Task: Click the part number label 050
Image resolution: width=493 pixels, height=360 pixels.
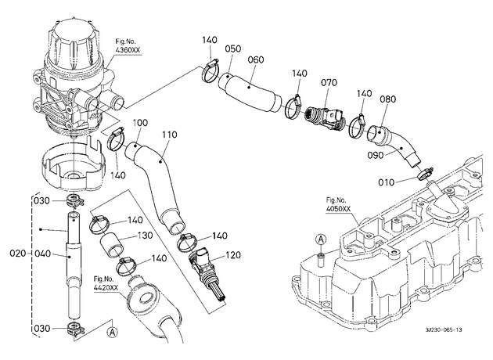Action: [233, 49]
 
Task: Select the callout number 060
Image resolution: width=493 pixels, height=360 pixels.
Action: [256, 59]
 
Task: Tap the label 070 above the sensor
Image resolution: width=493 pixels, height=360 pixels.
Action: [329, 83]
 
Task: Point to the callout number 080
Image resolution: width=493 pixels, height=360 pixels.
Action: [387, 99]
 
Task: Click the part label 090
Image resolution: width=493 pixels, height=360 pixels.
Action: [376, 155]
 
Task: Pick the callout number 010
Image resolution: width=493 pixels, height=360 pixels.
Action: [386, 182]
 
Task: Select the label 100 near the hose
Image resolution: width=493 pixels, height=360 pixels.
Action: [140, 123]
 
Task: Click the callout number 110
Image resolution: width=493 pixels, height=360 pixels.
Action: [170, 135]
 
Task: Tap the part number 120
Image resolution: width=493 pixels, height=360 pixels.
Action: [233, 254]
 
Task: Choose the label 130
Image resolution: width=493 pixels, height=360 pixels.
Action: [145, 236]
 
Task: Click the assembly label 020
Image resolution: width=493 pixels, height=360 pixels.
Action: [17, 253]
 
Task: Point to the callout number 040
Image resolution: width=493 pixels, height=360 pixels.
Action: [42, 253]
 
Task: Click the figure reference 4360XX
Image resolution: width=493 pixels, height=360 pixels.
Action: [128, 50]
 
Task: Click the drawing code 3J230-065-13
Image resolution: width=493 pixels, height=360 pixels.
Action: [444, 329]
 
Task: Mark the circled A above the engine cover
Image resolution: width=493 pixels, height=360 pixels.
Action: [321, 239]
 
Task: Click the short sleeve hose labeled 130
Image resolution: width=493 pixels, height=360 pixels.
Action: [112, 245]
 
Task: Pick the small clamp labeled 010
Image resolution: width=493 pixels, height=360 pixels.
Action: [423, 175]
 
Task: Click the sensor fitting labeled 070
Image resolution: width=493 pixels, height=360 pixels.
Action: [325, 118]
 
